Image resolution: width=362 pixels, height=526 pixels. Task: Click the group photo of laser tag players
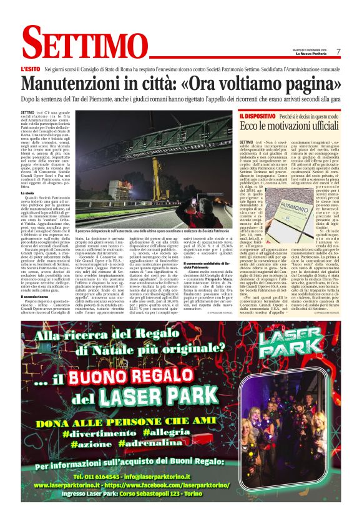[298, 431]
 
